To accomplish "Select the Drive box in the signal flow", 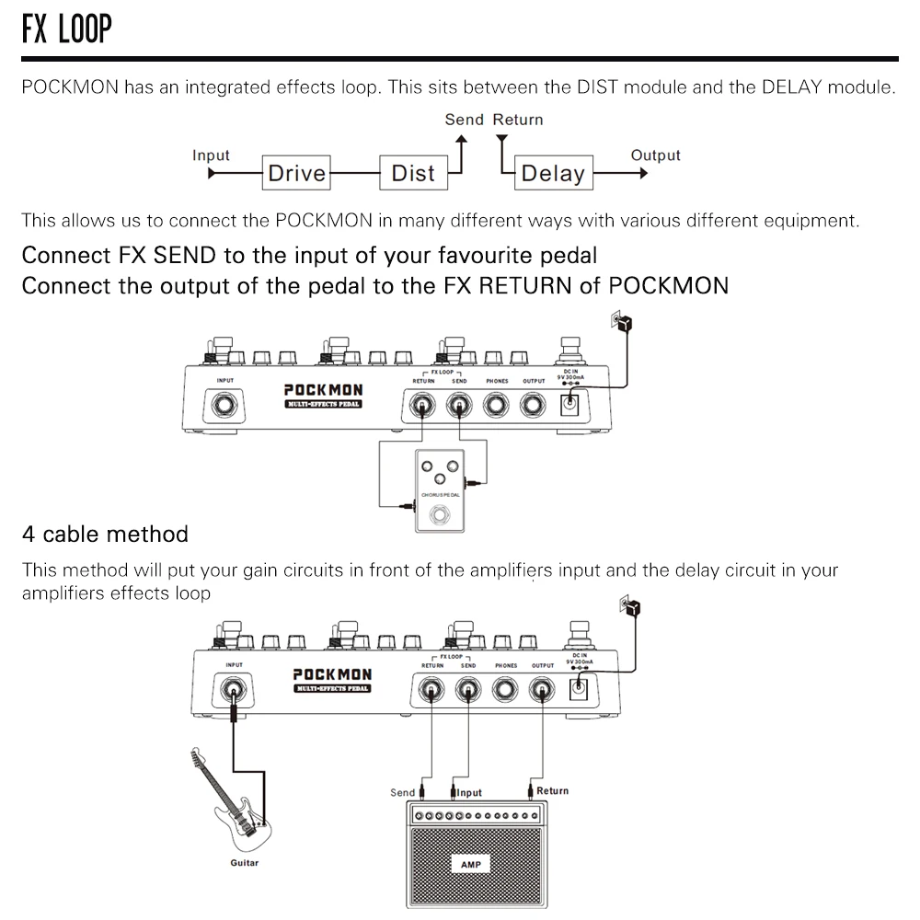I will (x=296, y=173).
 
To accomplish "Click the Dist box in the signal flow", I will (x=412, y=173).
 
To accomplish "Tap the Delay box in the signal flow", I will (x=552, y=173).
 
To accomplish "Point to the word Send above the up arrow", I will (x=464, y=120).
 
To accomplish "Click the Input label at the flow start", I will (x=211, y=155).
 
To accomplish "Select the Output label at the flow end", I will (x=655, y=155).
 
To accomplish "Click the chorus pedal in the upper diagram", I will (x=440, y=492).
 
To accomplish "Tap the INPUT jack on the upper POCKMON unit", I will (x=224, y=405).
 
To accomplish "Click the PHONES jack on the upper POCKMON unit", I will (x=497, y=405).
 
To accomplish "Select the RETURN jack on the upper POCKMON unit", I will (x=423, y=405).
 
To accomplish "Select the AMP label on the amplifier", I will (x=470, y=865).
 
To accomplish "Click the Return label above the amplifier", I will (x=552, y=790).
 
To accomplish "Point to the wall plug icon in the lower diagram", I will (x=630, y=608).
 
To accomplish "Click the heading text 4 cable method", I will (x=105, y=534).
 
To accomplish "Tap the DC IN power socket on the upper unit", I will (x=570, y=402).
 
